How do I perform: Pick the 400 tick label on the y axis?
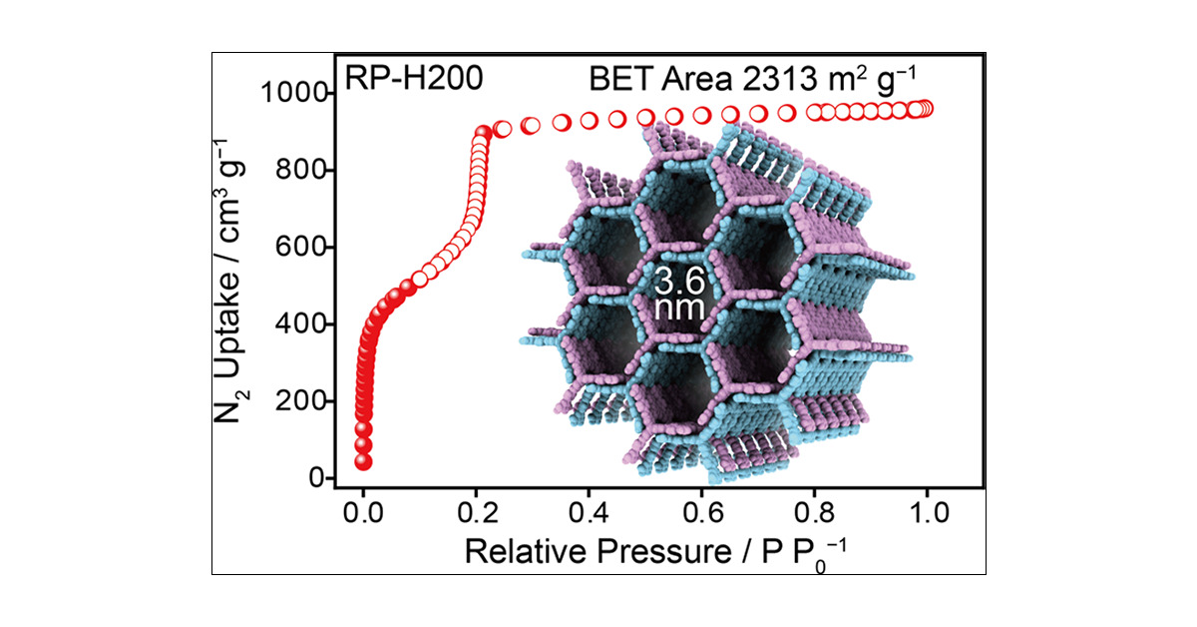pos(297,324)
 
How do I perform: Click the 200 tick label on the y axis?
pos(297,401)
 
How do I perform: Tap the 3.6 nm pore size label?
pos(679,293)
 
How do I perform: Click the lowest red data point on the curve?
pos(363,461)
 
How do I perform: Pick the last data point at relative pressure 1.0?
pos(926,109)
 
